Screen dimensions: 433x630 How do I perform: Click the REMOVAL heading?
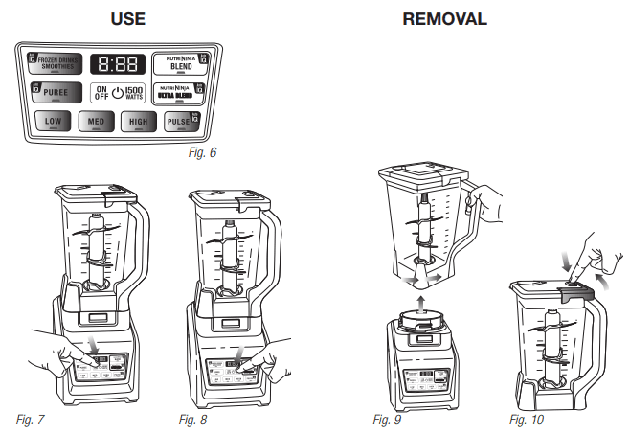pyautogui.click(x=444, y=18)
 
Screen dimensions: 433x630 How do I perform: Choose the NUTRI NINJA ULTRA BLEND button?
pyautogui.click(x=183, y=94)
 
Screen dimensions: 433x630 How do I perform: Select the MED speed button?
pyautogui.click(x=97, y=123)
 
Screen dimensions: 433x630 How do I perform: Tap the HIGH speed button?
pyautogui.click(x=140, y=123)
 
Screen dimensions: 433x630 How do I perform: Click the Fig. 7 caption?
pyautogui.click(x=31, y=420)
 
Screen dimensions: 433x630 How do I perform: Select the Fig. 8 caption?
pyautogui.click(x=192, y=420)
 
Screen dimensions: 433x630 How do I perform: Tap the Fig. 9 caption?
pyautogui.click(x=385, y=420)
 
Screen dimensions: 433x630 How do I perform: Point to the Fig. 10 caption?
pyautogui.click(x=526, y=420)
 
